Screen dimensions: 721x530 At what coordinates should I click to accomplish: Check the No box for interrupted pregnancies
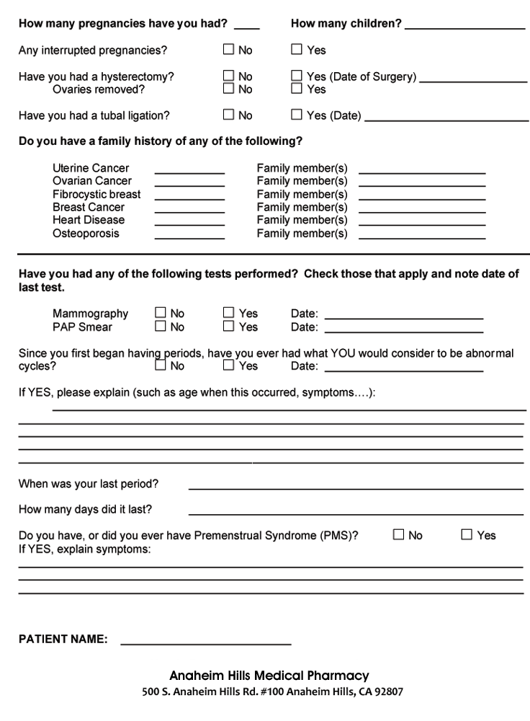pos(228,50)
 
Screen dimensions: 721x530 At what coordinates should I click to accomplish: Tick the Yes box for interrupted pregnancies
pos(297,50)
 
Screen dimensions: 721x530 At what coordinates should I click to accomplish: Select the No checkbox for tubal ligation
pos(228,114)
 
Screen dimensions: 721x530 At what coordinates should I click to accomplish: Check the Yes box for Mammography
pos(228,313)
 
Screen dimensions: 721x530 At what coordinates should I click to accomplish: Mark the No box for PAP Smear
pos(161,326)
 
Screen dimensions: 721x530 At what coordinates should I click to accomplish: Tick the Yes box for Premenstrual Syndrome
pos(466,535)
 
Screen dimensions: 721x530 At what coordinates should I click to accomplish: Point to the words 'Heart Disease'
pos(89,220)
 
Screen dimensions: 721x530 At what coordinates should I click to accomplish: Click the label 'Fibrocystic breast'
pos(96,194)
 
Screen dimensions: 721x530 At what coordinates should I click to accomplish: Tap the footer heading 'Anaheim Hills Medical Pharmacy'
pos(269,676)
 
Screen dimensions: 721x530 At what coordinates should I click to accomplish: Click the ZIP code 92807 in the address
pos(388,692)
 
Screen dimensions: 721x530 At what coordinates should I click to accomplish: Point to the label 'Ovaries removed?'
pos(99,89)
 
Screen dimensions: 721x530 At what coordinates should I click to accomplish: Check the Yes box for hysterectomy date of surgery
pos(297,76)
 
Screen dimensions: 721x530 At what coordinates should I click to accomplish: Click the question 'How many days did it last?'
pos(85,509)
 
